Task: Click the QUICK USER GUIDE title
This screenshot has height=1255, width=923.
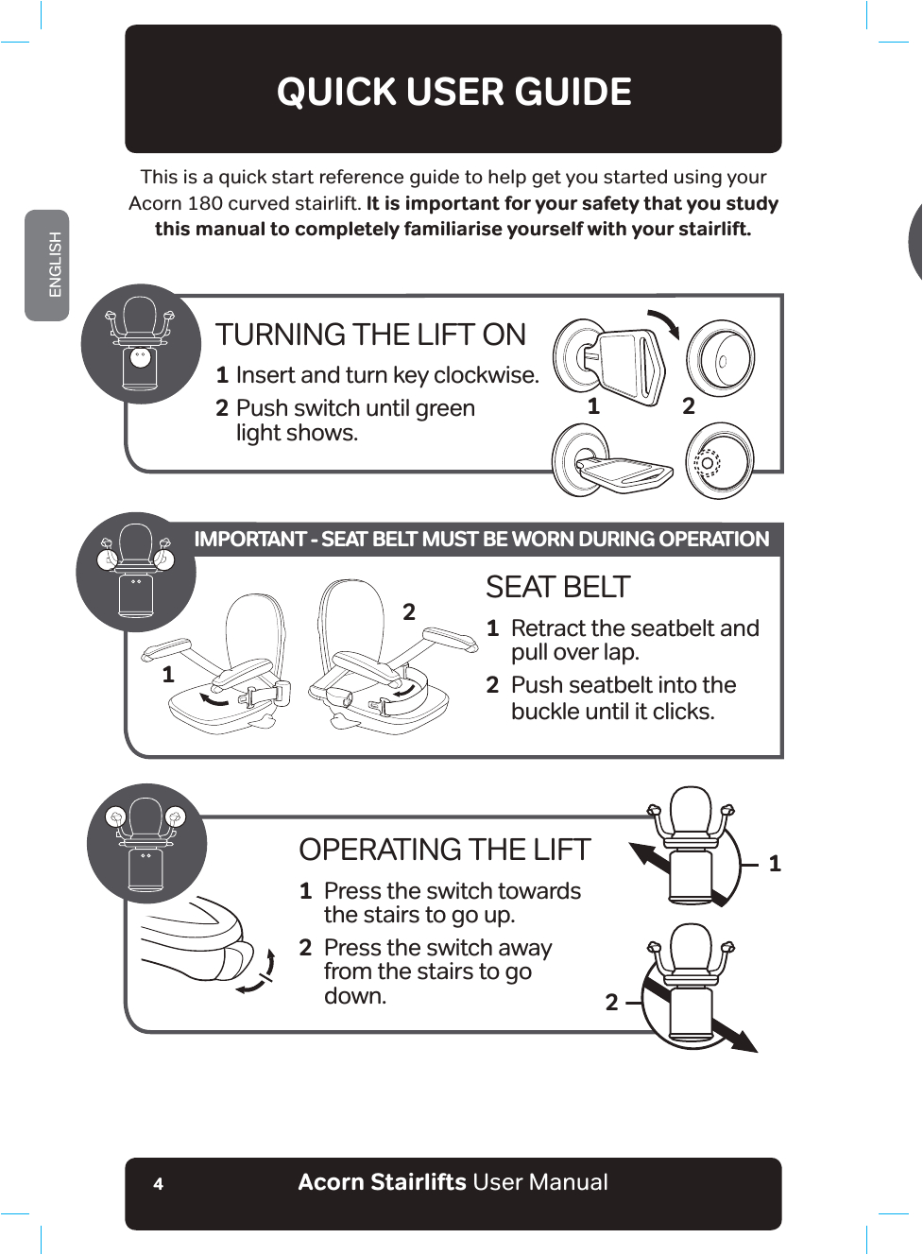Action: [x=453, y=92]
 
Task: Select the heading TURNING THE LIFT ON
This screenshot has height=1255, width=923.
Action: [x=370, y=335]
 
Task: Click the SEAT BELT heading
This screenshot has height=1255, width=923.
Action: [x=557, y=587]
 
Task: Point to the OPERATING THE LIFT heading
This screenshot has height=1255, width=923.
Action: [x=444, y=850]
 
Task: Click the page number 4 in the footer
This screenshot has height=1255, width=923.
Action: [x=158, y=1183]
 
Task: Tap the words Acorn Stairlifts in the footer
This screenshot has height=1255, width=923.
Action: [x=382, y=1182]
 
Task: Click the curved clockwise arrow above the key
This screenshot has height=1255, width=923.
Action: [x=664, y=323]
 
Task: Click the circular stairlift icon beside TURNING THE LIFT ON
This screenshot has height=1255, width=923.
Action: [x=141, y=344]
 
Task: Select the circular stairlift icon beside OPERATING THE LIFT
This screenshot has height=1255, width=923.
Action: [x=145, y=843]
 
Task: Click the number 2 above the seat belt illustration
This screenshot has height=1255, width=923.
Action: [x=409, y=612]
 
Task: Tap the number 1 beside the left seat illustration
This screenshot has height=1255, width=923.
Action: [x=168, y=675]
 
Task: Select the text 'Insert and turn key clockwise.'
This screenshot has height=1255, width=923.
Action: [x=387, y=375]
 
